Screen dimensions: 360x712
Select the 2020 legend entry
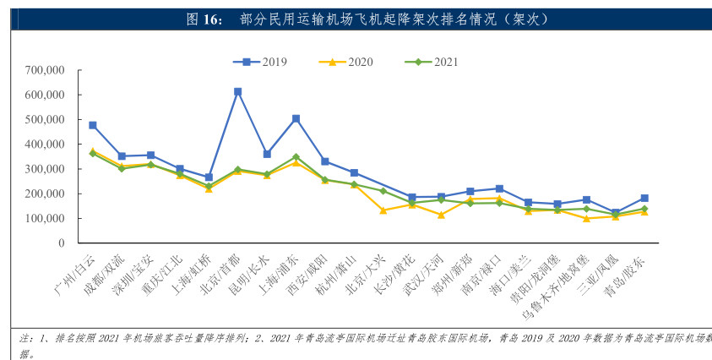click(348, 62)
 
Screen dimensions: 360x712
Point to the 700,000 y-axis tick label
click(46, 70)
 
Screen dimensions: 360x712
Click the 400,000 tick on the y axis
click(46, 145)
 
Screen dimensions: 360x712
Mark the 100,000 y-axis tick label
click(46, 218)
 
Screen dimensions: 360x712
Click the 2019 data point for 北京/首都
click(237, 91)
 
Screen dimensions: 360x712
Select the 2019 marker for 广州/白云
click(92, 125)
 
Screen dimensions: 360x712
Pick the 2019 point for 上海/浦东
click(296, 118)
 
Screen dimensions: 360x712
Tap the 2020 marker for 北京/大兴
click(383, 210)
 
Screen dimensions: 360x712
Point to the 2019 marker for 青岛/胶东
click(644, 198)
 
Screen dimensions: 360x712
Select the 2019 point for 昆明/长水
click(267, 155)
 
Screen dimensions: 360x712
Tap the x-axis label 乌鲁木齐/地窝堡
click(554, 287)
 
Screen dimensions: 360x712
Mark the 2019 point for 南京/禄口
click(499, 188)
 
